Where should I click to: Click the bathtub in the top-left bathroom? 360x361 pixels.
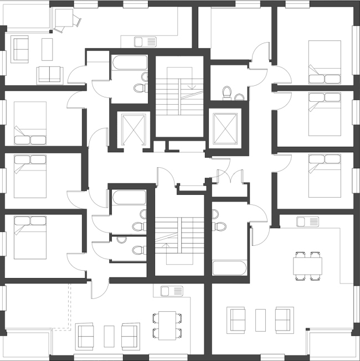[x=129, y=64]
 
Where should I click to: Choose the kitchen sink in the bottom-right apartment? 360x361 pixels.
[x=307, y=221]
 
